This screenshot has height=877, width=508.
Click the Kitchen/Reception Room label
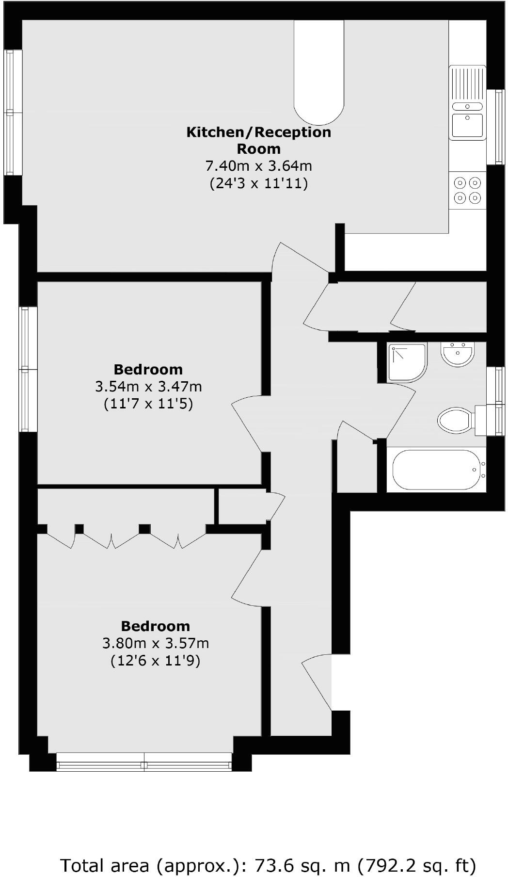coord(258,140)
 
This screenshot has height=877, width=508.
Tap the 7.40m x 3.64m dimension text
coord(258,166)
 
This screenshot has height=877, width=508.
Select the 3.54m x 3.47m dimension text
coord(148,387)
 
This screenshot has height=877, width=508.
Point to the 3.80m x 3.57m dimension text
coord(155,643)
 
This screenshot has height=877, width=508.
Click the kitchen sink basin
coord(467,125)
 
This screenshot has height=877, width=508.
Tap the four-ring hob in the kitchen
coord(467,190)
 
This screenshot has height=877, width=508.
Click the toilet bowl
coord(454,420)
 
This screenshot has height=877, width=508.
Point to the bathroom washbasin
coord(457,355)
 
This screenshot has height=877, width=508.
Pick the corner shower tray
coord(406,362)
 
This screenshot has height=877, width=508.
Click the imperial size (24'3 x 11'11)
coord(258,183)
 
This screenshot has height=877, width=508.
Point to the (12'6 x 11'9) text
coord(155,661)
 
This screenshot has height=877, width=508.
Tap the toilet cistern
coord(480,420)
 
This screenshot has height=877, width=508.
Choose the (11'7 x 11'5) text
coord(148,404)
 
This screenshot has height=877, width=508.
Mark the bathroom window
coord(496,401)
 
